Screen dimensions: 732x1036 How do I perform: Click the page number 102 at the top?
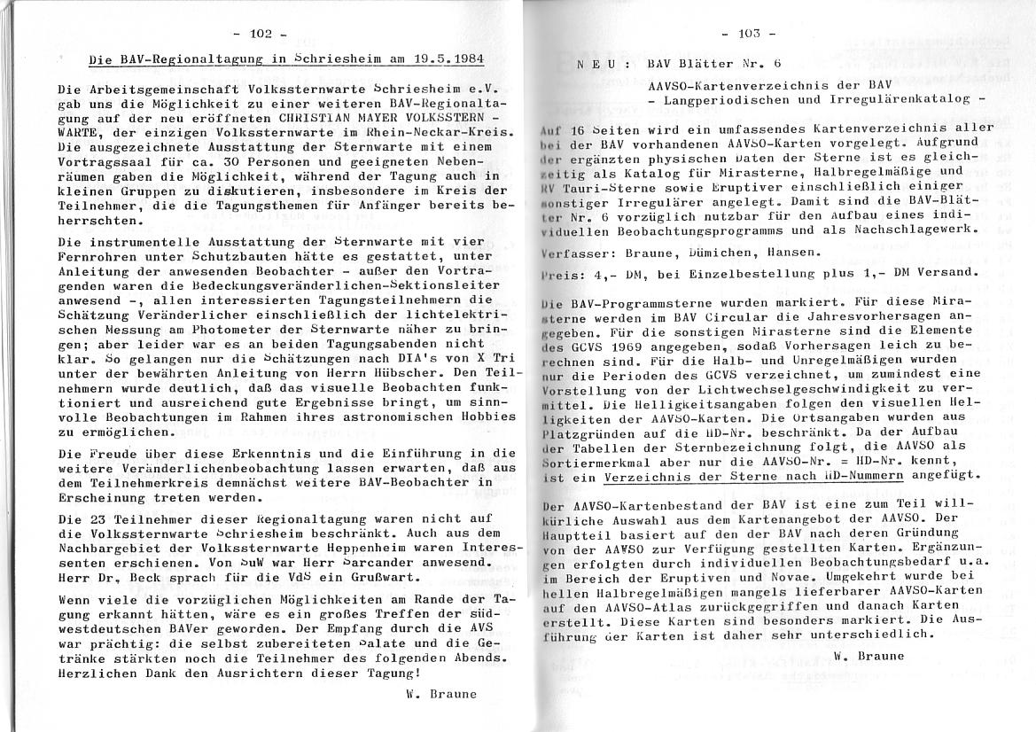261,35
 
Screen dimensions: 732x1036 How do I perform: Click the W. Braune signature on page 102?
440,694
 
